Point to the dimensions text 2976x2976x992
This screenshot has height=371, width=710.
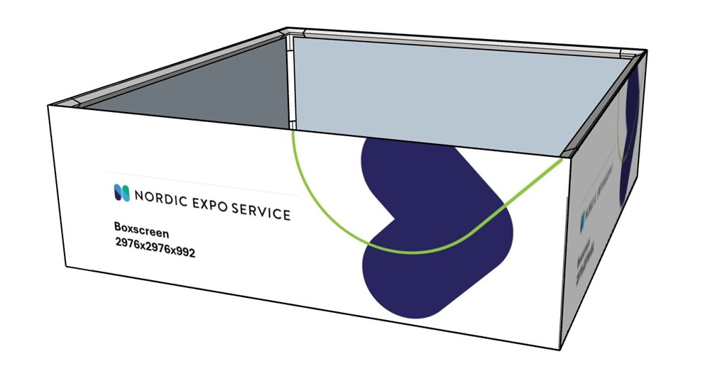(x=154, y=243)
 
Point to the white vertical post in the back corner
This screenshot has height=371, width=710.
(x=290, y=78)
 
